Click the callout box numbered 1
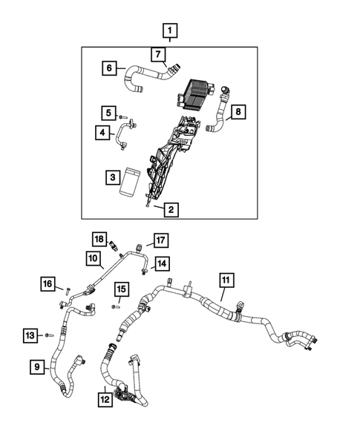[x=171, y=32]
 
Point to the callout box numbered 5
[x=109, y=113]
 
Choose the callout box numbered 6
[x=109, y=68]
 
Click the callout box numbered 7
[x=157, y=54]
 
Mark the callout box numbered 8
[x=238, y=112]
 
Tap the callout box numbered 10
[x=93, y=259]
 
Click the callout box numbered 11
[x=226, y=280]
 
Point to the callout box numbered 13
[x=30, y=335]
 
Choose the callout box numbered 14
[x=162, y=263]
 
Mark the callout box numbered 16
[x=48, y=283]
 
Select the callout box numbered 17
[x=161, y=239]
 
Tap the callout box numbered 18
[x=99, y=238]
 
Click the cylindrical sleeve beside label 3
[x=131, y=181]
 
